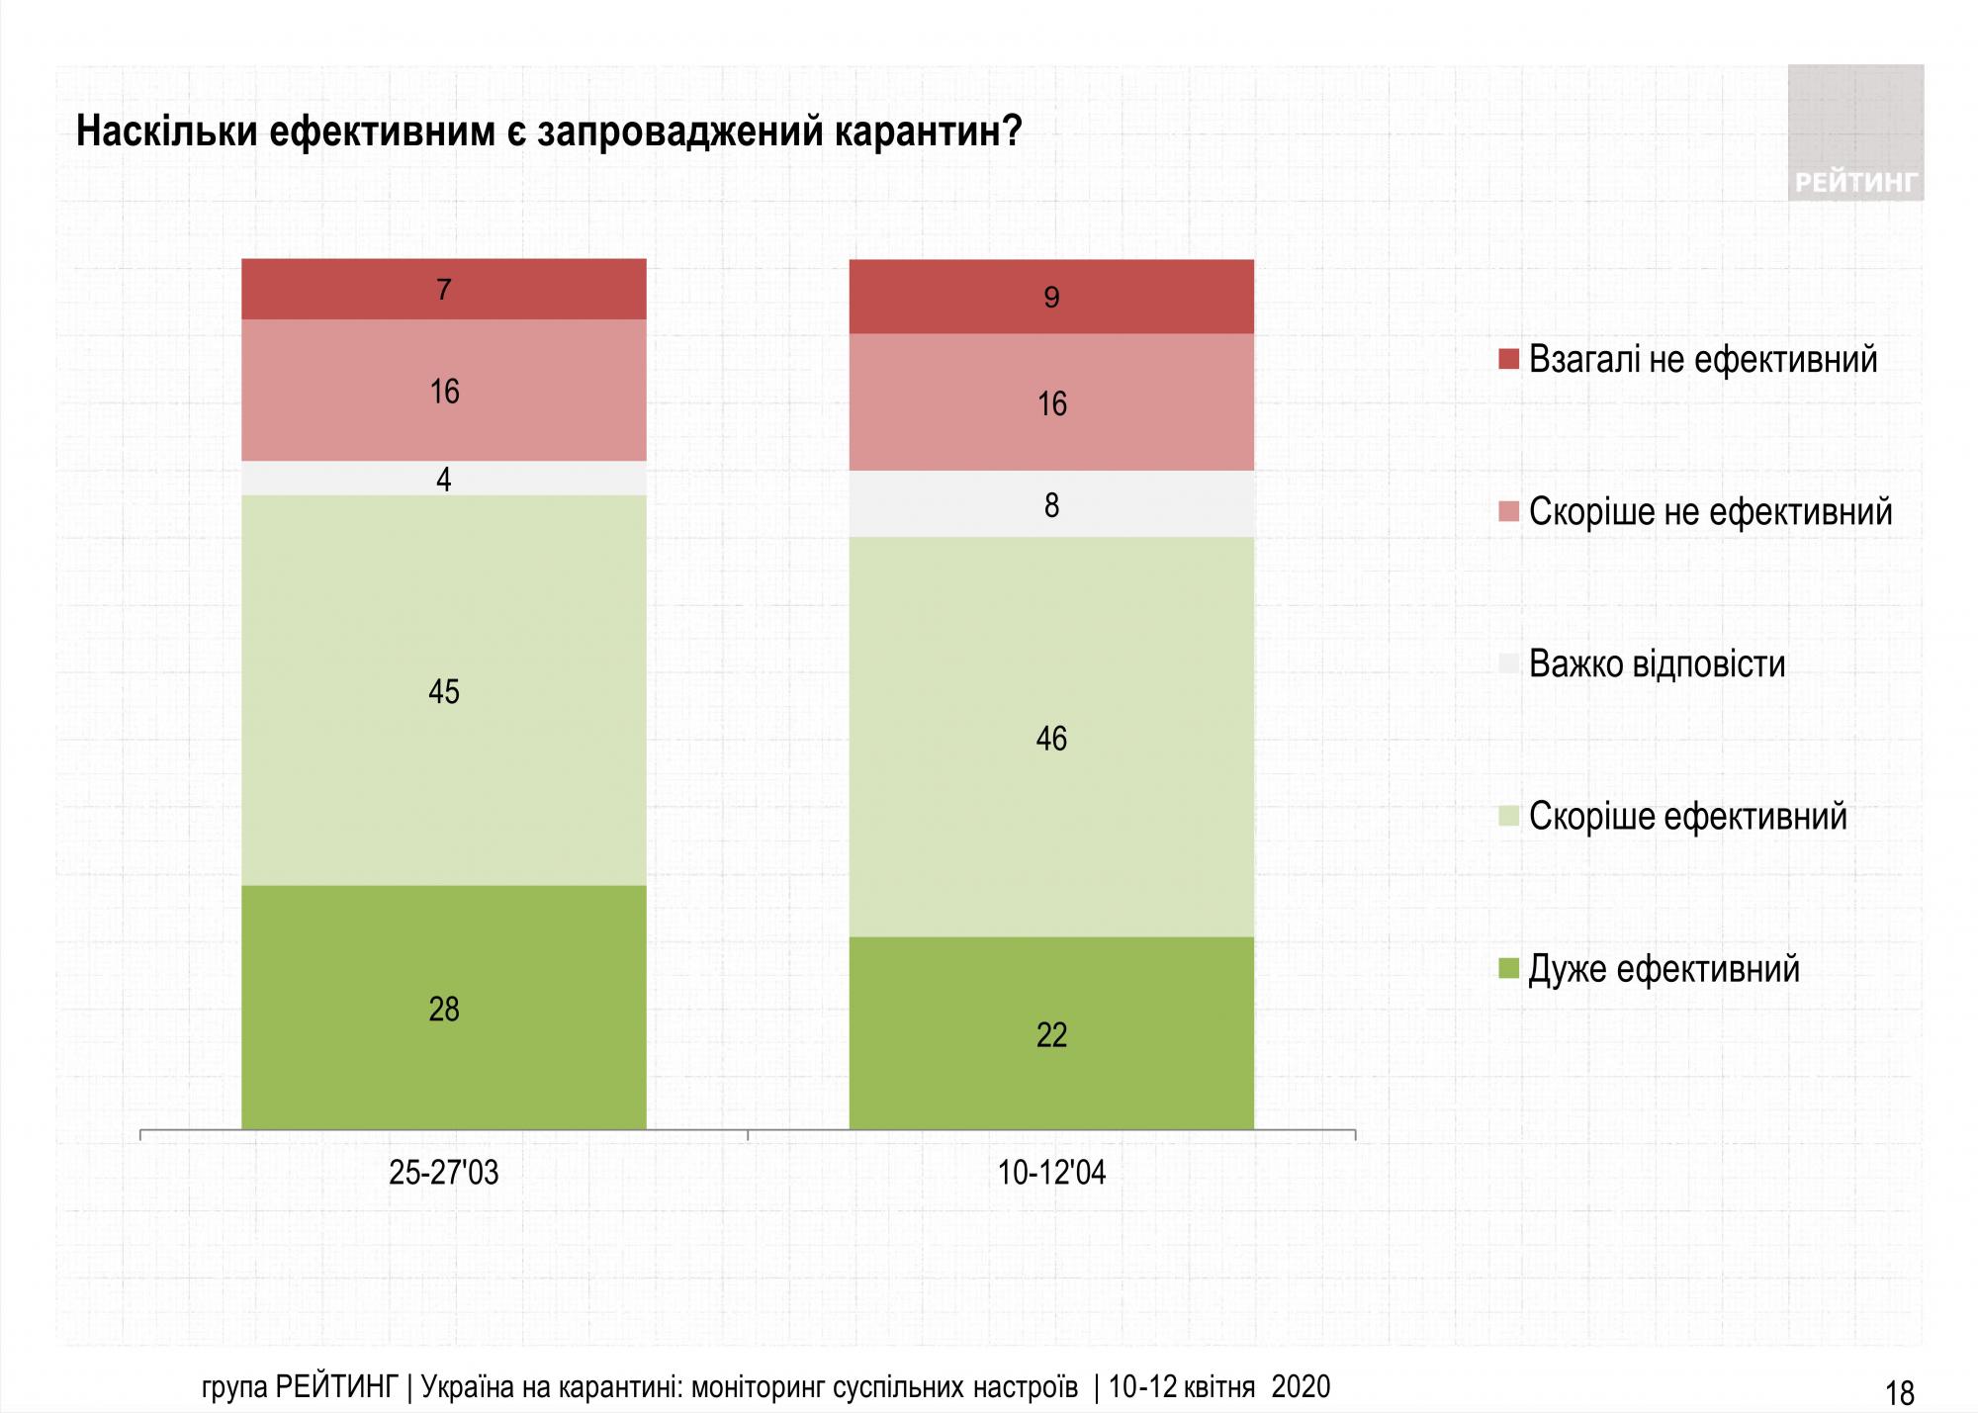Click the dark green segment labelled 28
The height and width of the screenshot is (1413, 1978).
[x=444, y=1007]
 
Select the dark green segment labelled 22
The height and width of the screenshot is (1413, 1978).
[x=1051, y=1032]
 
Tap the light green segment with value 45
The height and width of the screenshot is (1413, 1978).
[x=444, y=690]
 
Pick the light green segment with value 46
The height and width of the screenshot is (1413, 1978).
[x=1051, y=737]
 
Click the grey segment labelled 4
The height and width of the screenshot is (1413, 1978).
[x=444, y=479]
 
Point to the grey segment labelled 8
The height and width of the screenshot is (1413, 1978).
[x=1051, y=504]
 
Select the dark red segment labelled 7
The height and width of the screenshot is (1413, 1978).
[x=444, y=289]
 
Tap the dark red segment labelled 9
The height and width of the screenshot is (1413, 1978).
[x=1051, y=297]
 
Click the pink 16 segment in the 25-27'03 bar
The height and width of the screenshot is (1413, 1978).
[x=444, y=391]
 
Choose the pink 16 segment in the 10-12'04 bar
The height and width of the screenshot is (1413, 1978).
[x=1051, y=402]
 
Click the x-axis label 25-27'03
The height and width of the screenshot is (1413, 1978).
[x=444, y=1173]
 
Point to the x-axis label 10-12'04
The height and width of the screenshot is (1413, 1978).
[x=1051, y=1173]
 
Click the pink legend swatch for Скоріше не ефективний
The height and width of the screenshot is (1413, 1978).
[x=1508, y=511]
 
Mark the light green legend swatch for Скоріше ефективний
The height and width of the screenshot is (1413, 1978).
[x=1508, y=816]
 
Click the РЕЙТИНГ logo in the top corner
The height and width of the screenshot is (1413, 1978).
[x=1855, y=133]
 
